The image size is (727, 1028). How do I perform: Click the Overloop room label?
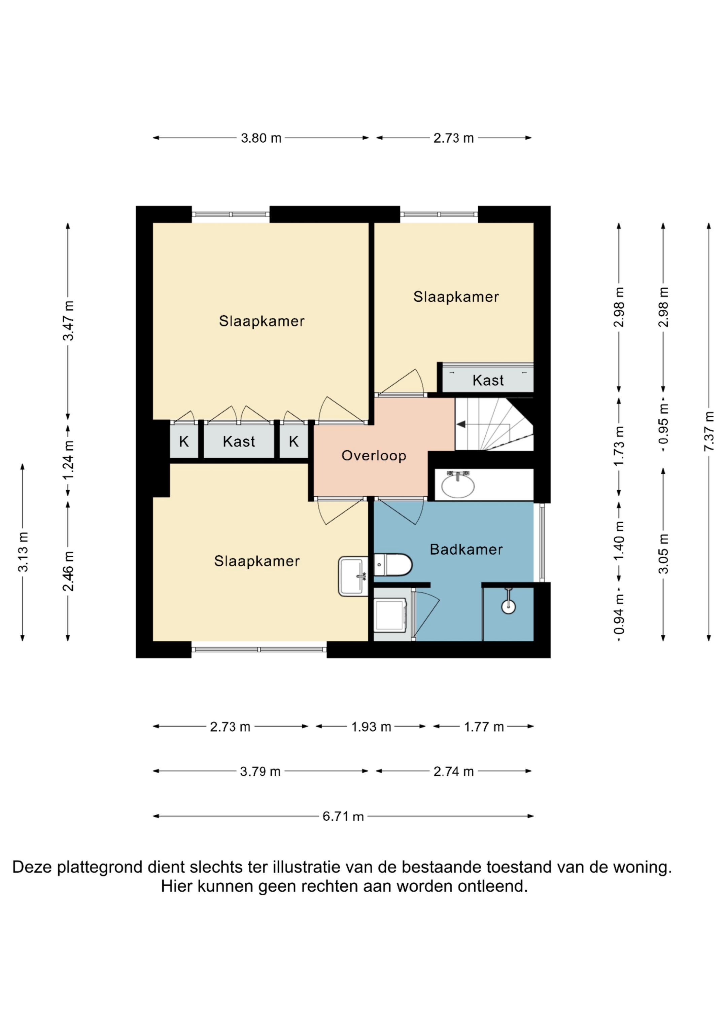coord(374,456)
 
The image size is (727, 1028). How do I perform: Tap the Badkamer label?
coord(466,550)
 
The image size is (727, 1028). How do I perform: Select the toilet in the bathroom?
coord(393,565)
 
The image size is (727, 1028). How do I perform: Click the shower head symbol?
coord(509,601)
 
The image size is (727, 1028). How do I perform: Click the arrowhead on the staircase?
coord(460,424)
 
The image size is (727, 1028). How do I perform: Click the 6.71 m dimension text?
coord(343,816)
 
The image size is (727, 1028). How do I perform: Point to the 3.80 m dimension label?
coord(261,138)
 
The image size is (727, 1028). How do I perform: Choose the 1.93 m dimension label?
coord(371,727)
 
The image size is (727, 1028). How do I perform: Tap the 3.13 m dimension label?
coord(23,552)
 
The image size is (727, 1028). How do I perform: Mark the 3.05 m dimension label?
coord(663,554)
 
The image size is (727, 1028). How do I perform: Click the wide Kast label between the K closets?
coord(239,442)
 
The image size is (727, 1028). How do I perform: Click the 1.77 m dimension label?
coord(484,727)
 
